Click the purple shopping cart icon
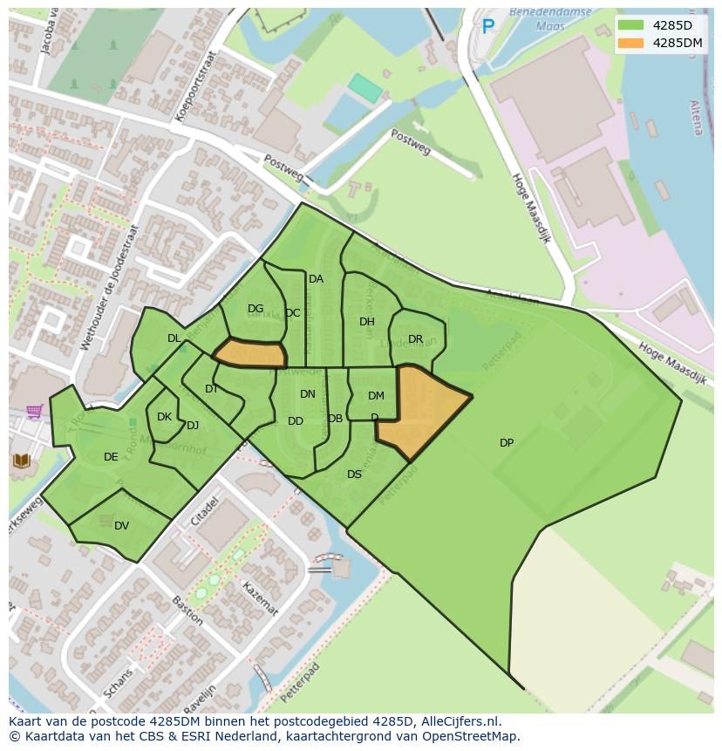35,411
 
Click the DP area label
507,443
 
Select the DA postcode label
316,279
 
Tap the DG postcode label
255,309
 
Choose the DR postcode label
415,339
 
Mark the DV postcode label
121,525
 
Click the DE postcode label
111,457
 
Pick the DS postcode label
354,474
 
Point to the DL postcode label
174,338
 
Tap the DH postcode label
367,322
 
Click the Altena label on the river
697,117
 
